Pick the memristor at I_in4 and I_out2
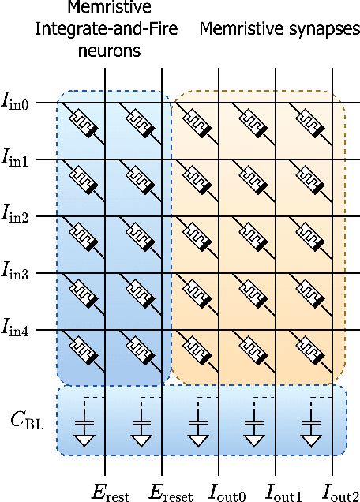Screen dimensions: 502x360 pyautogui.click(x=310, y=349)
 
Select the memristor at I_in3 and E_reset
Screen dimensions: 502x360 pyautogui.click(x=141, y=292)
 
